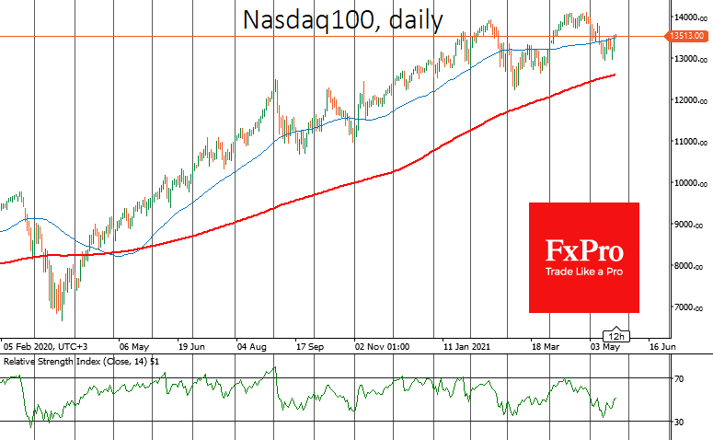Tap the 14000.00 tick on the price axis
coord(688,17)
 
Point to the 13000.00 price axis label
coord(688,59)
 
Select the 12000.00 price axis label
coord(688,100)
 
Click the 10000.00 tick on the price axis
coord(688,183)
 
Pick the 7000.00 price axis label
coord(688,307)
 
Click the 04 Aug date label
coord(252,347)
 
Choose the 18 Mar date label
coord(546,347)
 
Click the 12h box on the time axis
coord(615,335)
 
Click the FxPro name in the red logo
coord(583,251)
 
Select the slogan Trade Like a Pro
coord(583,272)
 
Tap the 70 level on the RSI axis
coord(679,378)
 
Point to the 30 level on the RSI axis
coord(679,422)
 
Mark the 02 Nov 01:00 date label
coord(382,347)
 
